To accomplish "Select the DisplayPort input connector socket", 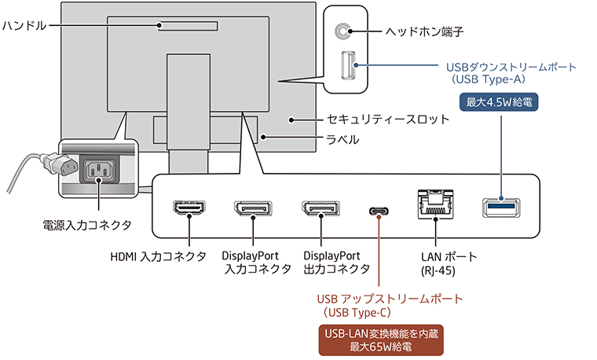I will pyautogui.click(x=253, y=209).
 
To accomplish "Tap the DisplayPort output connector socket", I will pyautogui.click(x=320, y=209).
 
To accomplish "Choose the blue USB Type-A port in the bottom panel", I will pyautogui.click(x=500, y=208).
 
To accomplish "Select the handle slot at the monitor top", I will pyautogui.click(x=186, y=25).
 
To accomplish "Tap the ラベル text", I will pyautogui.click(x=342, y=140).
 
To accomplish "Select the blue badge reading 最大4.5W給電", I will pyautogui.click(x=500, y=101).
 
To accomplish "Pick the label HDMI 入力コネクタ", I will pyautogui.click(x=159, y=256).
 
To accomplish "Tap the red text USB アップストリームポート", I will pyautogui.click(x=390, y=299).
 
